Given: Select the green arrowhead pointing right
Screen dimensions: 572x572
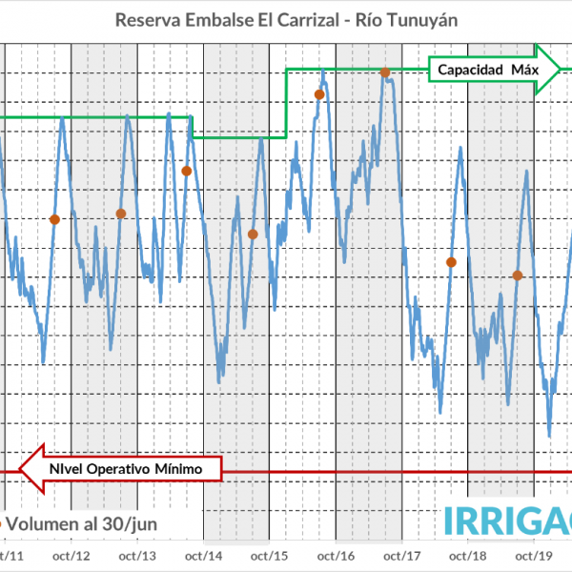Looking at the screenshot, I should coord(548,69).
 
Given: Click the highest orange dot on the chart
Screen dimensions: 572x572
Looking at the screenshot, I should coord(385,72).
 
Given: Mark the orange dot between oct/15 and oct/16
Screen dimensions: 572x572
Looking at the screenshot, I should coord(319,93).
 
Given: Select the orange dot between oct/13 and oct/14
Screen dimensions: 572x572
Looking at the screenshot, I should coord(187,171).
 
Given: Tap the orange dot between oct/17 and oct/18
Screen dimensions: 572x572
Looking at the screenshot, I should coord(451,262).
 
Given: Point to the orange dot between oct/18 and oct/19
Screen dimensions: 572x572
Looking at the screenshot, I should coord(518,276).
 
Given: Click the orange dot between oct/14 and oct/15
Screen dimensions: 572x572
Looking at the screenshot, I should coord(253,235).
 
